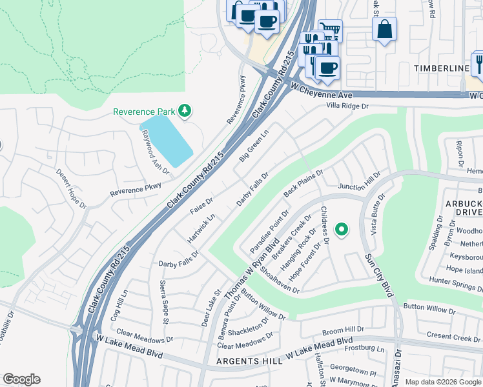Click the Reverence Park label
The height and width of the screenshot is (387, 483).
point(145,111)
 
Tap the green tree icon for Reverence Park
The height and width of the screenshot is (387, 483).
point(185,111)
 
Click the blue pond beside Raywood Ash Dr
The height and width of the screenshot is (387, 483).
point(166,139)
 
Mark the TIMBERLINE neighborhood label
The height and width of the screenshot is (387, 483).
point(442,68)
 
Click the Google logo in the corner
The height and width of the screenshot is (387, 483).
point(21,379)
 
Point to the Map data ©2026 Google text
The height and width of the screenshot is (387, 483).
point(442,381)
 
